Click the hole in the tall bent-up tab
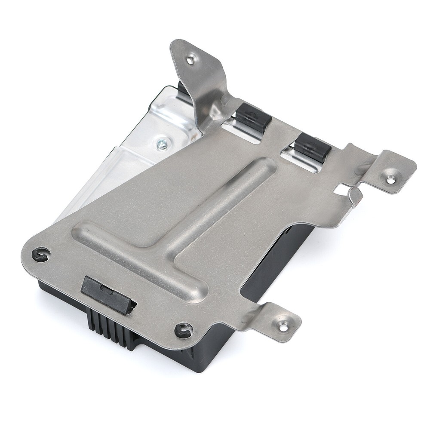click(x=189, y=60)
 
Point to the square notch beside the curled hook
click(x=343, y=187)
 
